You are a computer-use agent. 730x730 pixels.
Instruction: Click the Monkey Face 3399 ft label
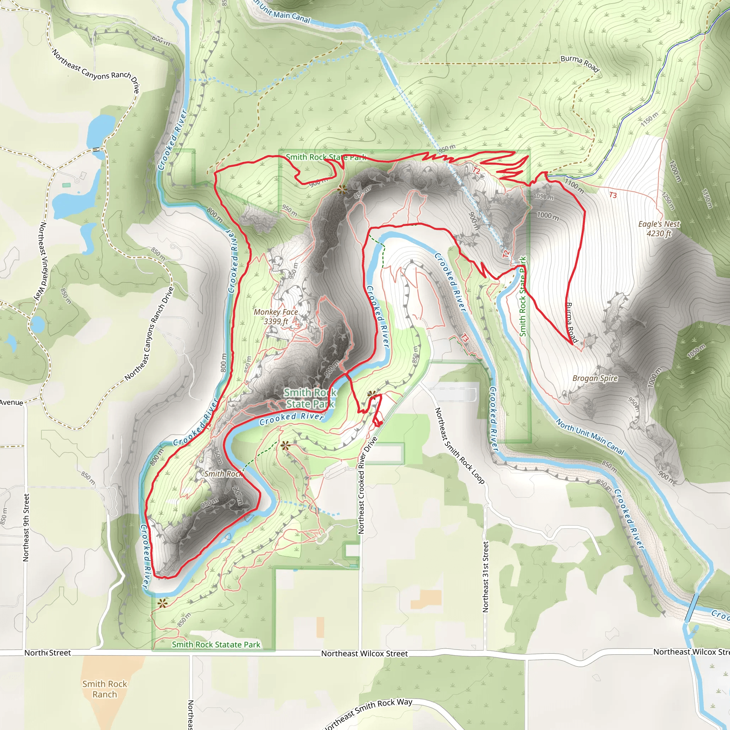coord(276,317)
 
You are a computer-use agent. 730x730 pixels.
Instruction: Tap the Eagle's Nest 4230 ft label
coord(659,228)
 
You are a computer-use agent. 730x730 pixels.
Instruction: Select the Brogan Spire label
coord(595,378)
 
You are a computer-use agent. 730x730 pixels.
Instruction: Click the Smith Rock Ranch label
coord(105,689)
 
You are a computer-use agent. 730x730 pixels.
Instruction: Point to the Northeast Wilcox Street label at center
coord(364,653)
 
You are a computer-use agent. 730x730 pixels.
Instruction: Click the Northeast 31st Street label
coord(485,577)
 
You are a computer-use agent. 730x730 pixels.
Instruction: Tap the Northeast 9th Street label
coord(26,528)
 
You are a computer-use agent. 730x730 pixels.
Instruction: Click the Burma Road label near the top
coord(580,63)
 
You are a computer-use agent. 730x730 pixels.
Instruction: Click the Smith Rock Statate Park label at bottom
coord(216,644)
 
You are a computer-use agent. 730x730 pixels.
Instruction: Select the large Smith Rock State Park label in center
coord(310,398)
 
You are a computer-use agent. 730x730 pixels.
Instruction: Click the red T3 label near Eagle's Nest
coord(613,195)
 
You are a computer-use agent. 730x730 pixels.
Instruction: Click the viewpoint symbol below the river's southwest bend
coord(163,603)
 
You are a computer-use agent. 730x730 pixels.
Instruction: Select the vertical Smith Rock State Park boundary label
coord(523,297)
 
